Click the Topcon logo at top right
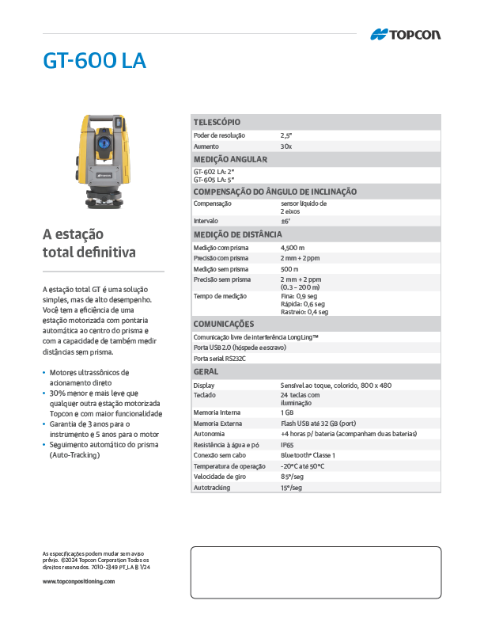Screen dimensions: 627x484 tap(405, 34)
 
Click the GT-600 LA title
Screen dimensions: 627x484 tap(94, 61)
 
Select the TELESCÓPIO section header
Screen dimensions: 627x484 tap(217, 122)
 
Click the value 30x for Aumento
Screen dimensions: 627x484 tap(286, 146)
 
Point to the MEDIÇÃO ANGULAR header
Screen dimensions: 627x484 tap(231, 159)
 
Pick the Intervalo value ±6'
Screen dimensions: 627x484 tap(285, 221)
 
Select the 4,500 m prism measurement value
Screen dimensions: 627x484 tap(293, 248)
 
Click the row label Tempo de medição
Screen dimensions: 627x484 tap(221, 296)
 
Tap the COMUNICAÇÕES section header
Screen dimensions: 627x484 tap(224, 324)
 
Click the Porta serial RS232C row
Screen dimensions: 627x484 tap(220, 359)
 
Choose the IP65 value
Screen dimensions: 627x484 tap(287, 446)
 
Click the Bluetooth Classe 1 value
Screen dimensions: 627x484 tap(308, 456)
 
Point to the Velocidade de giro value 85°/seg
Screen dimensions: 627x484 tap(292, 477)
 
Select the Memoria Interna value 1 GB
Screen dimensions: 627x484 tap(287, 412)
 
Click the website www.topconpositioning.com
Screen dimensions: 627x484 tap(78, 581)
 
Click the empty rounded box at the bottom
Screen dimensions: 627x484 tap(316, 572)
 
